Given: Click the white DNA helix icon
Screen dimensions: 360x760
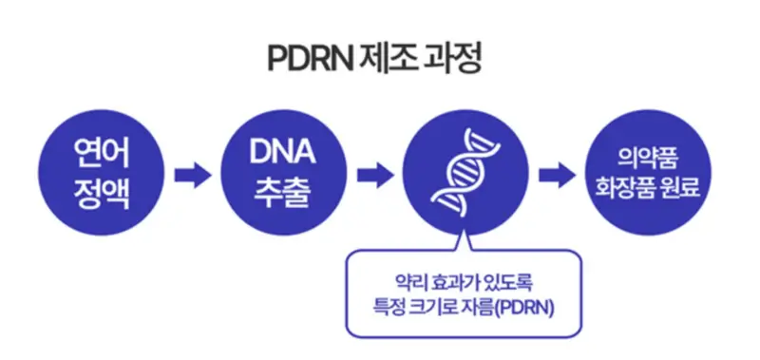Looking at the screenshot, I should tap(463, 172).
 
